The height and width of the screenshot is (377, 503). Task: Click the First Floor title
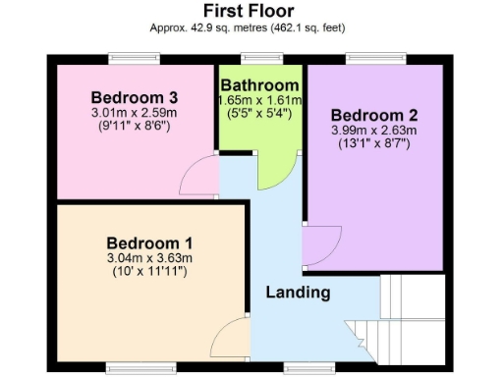250,12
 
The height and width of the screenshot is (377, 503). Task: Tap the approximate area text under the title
250,29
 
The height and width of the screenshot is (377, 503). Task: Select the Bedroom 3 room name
134,97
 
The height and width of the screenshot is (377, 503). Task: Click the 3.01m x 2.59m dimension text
134,112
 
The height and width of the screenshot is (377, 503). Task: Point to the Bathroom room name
260,85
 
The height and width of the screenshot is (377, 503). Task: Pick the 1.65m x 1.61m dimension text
260,100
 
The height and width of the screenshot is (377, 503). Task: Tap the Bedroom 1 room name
149,242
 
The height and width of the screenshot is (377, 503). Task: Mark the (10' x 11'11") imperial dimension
149,271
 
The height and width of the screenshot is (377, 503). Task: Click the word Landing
298,293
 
